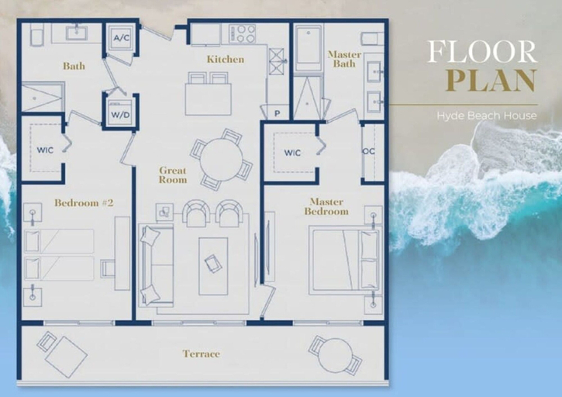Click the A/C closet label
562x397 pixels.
pos(122,38)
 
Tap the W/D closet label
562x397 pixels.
pos(120,115)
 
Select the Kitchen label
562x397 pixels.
pos(226,59)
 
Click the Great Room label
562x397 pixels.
pos(173,175)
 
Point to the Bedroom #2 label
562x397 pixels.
pos(84,203)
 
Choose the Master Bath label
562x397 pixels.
pos(344,59)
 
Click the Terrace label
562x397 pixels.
pos(201,354)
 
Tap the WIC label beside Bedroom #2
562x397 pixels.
pos(45,150)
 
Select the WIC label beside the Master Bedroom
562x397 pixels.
pos(292,153)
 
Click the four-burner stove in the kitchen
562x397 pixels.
pos(243,34)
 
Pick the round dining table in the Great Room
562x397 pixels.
pos(222,160)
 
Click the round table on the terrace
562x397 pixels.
pos(336,355)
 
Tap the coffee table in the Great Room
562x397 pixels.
pos(213,266)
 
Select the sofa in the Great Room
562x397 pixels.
pos(157,265)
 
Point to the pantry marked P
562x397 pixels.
pos(277,113)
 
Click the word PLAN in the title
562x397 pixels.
pos(491,81)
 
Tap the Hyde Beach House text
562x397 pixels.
pos(487,116)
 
